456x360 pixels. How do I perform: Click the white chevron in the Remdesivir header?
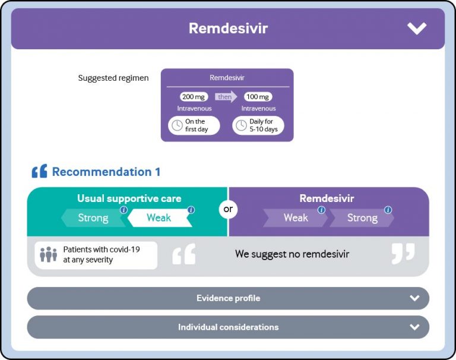[417, 28]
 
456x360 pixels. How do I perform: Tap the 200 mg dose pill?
[194, 97]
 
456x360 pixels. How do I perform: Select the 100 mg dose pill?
[258, 97]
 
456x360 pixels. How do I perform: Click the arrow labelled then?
[226, 97]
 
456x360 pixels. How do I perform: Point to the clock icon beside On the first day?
[177, 125]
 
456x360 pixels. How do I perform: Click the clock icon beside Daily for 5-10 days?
[241, 125]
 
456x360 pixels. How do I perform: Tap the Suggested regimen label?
[113, 78]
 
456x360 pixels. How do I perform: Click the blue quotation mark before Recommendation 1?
[39, 172]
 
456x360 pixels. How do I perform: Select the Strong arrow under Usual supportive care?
[93, 218]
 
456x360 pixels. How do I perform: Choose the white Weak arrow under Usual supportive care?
[159, 218]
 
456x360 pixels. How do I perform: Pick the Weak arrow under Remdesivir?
[295, 218]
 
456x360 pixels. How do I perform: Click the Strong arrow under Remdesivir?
[362, 218]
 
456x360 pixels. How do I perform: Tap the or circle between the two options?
[228, 209]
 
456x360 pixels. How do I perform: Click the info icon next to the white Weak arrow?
[191, 210]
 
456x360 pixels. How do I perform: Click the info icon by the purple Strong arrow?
[388, 210]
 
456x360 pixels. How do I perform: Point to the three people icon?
[48, 255]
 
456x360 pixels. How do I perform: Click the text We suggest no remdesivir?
[292, 254]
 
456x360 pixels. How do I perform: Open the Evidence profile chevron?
[414, 298]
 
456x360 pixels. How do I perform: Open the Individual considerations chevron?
[414, 327]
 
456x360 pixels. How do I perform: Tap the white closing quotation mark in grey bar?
[403, 253]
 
